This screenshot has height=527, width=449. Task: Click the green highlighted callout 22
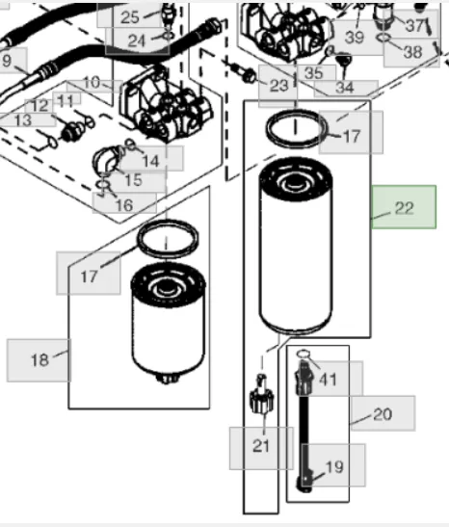click(404, 207)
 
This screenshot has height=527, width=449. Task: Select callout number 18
click(39, 360)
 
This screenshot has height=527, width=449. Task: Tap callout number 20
click(383, 413)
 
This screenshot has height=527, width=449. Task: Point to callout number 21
click(261, 446)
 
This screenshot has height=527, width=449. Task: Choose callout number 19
click(333, 465)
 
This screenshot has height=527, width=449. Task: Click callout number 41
click(329, 380)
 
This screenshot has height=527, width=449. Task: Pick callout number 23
click(278, 86)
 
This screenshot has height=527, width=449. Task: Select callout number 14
click(150, 161)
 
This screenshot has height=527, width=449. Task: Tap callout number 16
click(124, 204)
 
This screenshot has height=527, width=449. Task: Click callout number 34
click(346, 88)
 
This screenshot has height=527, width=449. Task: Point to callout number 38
click(412, 51)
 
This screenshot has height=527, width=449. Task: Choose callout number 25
click(130, 16)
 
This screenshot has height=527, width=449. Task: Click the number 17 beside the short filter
click(89, 277)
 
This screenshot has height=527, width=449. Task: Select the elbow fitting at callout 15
click(107, 160)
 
